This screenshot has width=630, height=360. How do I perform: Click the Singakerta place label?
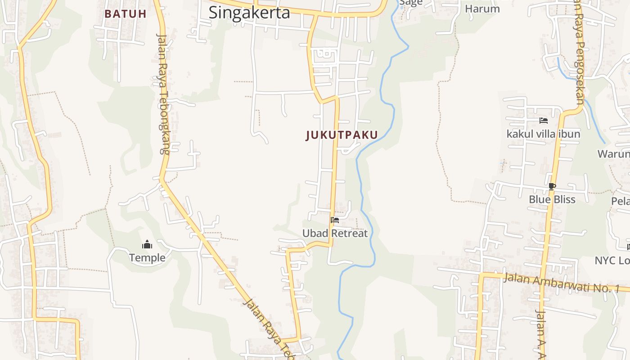click(249, 13)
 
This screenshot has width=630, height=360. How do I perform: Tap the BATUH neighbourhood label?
click(126, 13)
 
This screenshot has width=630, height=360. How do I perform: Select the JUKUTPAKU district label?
click(342, 135)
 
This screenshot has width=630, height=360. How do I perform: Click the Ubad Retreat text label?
click(335, 233)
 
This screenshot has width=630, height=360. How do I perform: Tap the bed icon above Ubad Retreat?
click(335, 220)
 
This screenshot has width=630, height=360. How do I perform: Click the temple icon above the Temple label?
click(147, 245)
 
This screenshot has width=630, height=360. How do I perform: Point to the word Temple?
click(147, 258)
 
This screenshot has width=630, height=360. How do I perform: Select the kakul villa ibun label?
click(543, 134)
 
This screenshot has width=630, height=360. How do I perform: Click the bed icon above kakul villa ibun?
click(544, 121)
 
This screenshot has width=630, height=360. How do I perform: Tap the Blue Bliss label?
click(552, 199)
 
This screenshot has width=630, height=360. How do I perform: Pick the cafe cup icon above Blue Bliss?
click(552, 186)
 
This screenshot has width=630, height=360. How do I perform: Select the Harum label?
click(482, 9)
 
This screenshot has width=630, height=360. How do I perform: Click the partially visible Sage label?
click(411, 3)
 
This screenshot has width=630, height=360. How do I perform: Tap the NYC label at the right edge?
click(612, 261)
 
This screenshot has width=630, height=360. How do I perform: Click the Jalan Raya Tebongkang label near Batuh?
click(163, 94)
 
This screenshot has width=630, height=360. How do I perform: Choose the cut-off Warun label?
click(613, 154)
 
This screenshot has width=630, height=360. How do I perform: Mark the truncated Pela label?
click(621, 201)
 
